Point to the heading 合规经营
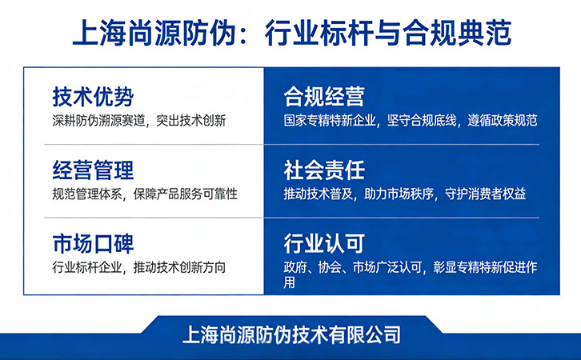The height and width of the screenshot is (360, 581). tap(324, 97)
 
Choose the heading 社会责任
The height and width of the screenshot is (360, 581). tap(324, 170)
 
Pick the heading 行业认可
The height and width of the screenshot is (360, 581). tap(324, 242)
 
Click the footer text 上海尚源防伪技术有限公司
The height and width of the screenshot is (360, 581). tap(292, 332)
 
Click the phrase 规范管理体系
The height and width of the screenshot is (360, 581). tap(84, 194)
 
